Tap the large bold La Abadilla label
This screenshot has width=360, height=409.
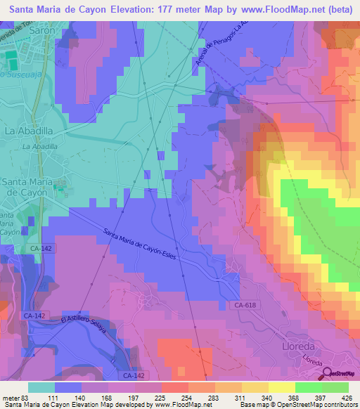pyautogui.click(x=30, y=131)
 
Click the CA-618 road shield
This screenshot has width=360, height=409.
pyautogui.click(x=244, y=304)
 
